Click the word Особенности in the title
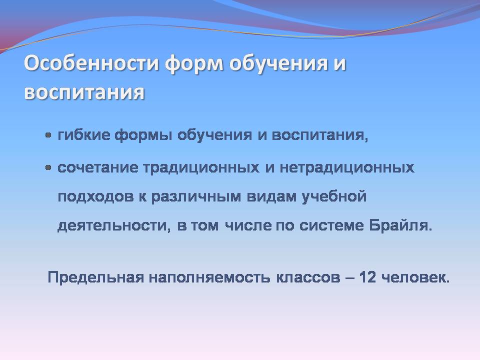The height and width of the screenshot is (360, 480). click(x=91, y=63)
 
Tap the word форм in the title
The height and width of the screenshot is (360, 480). click(x=194, y=65)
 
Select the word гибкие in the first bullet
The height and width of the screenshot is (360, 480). click(x=84, y=135)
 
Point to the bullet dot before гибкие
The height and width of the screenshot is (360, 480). click(x=48, y=135)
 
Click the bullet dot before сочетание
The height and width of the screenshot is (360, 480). click(x=48, y=168)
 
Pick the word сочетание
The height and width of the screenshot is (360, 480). click(x=98, y=168)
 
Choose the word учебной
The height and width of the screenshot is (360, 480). click(x=334, y=196)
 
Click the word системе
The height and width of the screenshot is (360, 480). click(x=331, y=226)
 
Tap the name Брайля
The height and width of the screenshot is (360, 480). click(x=400, y=226)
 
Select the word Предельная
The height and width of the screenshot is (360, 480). click(x=96, y=278)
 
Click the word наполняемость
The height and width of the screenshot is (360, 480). click(x=209, y=278)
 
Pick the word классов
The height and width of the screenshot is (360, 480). click(x=308, y=278)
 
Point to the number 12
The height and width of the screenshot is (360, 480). click(x=367, y=277)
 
